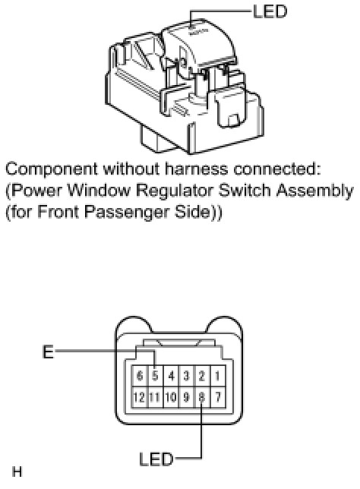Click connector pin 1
click(x=217, y=376)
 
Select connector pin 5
click(x=155, y=376)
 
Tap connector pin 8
click(x=202, y=397)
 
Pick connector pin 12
click(x=140, y=397)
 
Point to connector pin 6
click(x=140, y=376)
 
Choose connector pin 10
click(x=171, y=397)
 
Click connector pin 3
click(x=186, y=376)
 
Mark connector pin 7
click(x=217, y=397)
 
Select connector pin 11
click(x=155, y=397)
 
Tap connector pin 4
click(x=171, y=376)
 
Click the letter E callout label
click(x=48, y=352)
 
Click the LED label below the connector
click(x=156, y=459)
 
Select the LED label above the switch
click(x=270, y=12)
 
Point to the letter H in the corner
click(x=17, y=472)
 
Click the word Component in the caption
click(x=52, y=170)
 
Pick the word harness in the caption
click(x=197, y=169)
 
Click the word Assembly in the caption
click(x=317, y=191)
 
